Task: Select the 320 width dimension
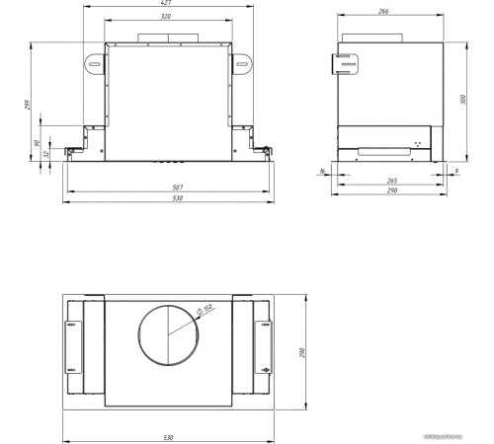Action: pyautogui.click(x=168, y=18)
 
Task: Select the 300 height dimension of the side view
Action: pyautogui.click(x=464, y=100)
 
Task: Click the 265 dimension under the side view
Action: pyautogui.click(x=392, y=182)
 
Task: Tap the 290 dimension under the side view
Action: pyautogui.click(x=393, y=192)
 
